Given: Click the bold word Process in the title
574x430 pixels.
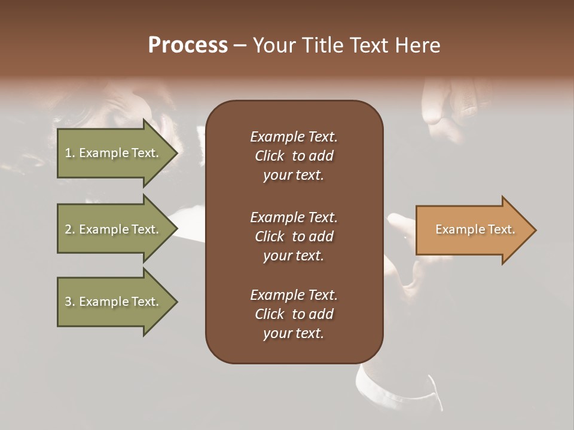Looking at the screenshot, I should pyautogui.click(x=188, y=45).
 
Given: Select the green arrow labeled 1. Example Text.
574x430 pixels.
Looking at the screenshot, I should pyautogui.click(x=111, y=153).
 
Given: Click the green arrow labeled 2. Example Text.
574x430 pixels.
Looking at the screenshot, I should pyautogui.click(x=111, y=229).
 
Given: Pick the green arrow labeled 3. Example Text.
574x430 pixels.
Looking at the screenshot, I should pyautogui.click(x=111, y=302).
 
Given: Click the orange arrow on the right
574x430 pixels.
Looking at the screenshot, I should pyautogui.click(x=472, y=230).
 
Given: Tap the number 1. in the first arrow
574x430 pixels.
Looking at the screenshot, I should pyautogui.click(x=70, y=153).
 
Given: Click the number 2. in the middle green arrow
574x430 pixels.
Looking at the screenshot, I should pyautogui.click(x=70, y=229).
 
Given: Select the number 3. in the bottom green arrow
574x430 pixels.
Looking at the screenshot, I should pyautogui.click(x=70, y=302).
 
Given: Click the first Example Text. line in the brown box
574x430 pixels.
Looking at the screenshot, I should pyautogui.click(x=294, y=137).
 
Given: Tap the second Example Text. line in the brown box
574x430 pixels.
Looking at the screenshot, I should pyautogui.click(x=294, y=217).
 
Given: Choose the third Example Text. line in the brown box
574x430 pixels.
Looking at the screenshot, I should pyautogui.click(x=294, y=295).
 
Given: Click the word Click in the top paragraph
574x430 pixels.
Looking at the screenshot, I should pyautogui.click(x=269, y=156).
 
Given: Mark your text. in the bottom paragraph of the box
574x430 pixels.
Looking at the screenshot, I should pyautogui.click(x=294, y=334).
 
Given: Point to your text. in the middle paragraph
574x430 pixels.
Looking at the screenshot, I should pyautogui.click(x=294, y=256).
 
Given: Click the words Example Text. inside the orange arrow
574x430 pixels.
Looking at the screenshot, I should pyautogui.click(x=475, y=229).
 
